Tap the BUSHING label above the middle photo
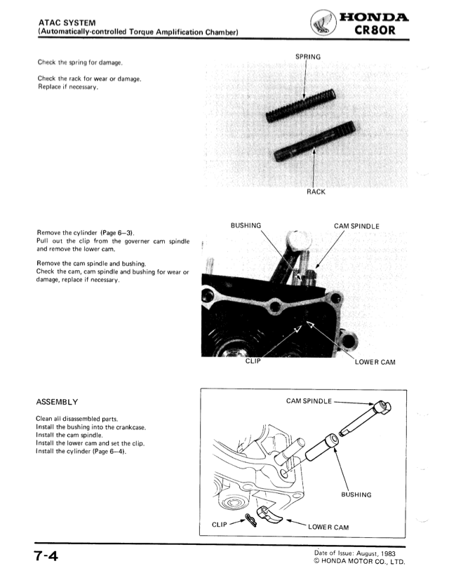tap(246, 226)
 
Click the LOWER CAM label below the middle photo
tap(379, 363)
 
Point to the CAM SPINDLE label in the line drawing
tap(311, 401)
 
